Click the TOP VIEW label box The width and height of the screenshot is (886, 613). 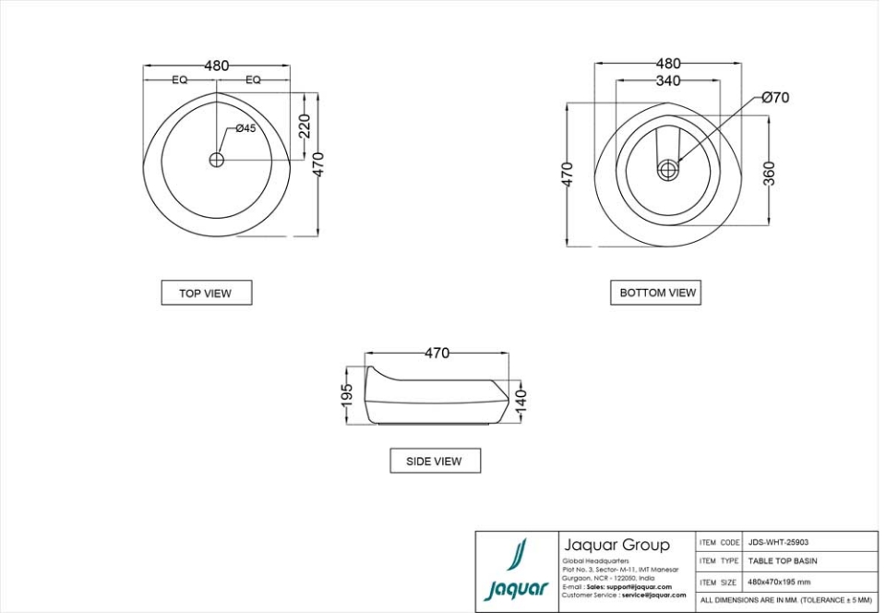point(206,293)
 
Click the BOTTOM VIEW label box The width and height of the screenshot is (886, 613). point(657,292)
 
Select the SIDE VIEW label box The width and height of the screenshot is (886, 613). point(434,461)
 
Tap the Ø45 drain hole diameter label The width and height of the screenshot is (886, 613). point(245,128)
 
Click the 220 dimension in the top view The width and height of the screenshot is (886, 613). point(305,126)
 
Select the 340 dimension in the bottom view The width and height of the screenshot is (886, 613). point(667,81)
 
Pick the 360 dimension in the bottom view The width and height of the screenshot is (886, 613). point(770,173)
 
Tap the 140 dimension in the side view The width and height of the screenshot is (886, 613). point(521,399)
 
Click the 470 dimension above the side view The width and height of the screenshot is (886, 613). point(437,353)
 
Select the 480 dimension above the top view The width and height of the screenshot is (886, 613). point(216,66)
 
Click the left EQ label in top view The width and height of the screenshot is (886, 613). point(179,80)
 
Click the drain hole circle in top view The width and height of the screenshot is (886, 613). point(217,160)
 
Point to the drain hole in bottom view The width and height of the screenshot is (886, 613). point(668,169)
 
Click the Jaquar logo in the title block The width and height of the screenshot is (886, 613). point(517,571)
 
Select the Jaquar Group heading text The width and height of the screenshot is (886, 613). point(616,545)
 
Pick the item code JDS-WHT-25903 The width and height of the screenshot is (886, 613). point(778,543)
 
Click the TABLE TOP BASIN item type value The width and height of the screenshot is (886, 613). point(782,561)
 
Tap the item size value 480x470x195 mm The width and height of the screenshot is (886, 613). point(779,583)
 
